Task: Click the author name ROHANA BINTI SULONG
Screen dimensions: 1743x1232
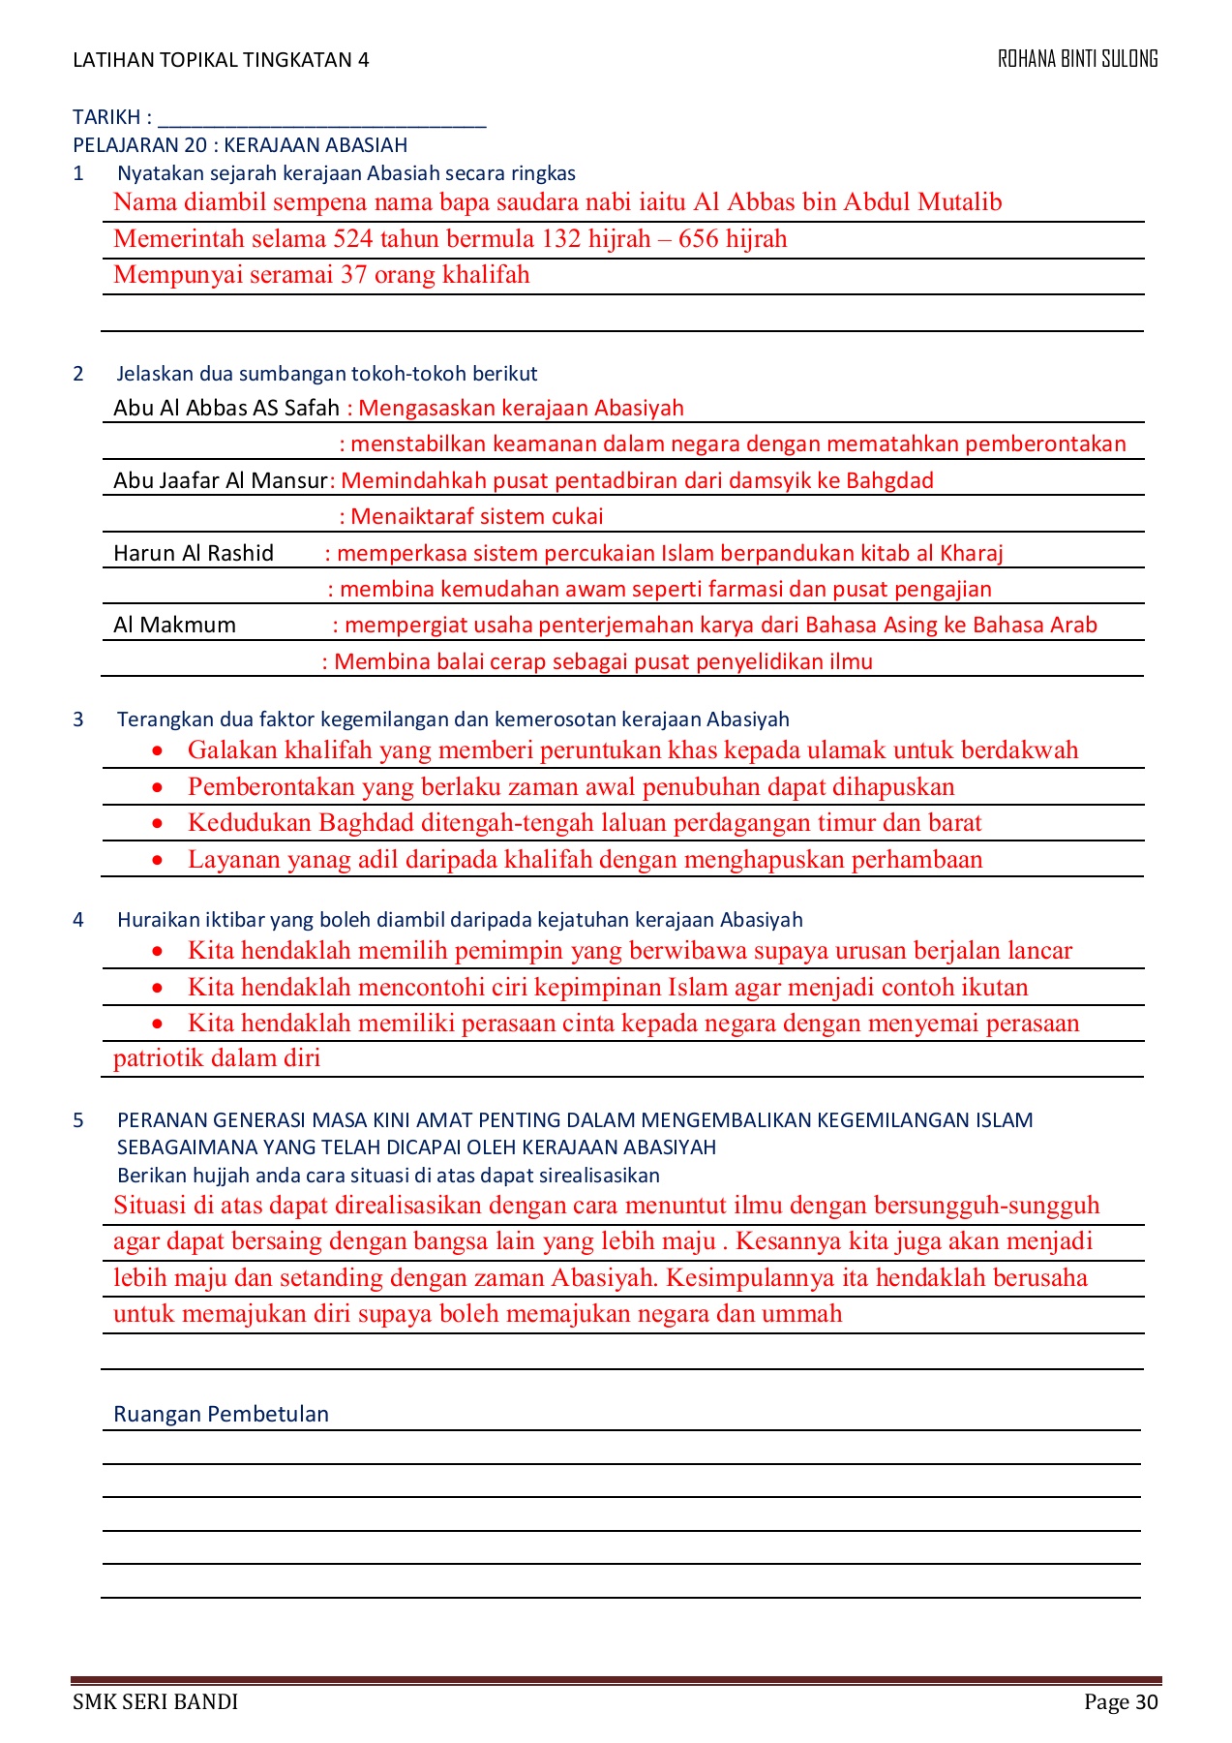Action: pos(1077,59)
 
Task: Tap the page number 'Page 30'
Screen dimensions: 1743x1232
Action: pos(1121,1701)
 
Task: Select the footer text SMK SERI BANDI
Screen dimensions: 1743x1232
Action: pos(155,1701)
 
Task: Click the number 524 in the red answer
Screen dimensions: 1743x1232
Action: pos(353,239)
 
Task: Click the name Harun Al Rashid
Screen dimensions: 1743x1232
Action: pos(194,553)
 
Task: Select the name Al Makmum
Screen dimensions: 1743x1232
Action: pos(174,625)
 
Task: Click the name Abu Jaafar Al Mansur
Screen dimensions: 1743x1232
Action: pos(221,480)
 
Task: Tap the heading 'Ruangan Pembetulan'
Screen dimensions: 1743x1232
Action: pos(221,1414)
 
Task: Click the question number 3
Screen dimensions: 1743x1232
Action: pos(78,719)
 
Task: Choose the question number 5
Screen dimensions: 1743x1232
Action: pos(78,1120)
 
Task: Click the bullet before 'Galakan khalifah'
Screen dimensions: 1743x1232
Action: pos(157,750)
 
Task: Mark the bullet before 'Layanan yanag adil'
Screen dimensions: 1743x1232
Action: pos(157,860)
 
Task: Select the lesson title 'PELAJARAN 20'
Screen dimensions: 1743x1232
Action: pos(139,145)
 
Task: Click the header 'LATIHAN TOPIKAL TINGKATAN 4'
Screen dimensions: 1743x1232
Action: pos(221,60)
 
